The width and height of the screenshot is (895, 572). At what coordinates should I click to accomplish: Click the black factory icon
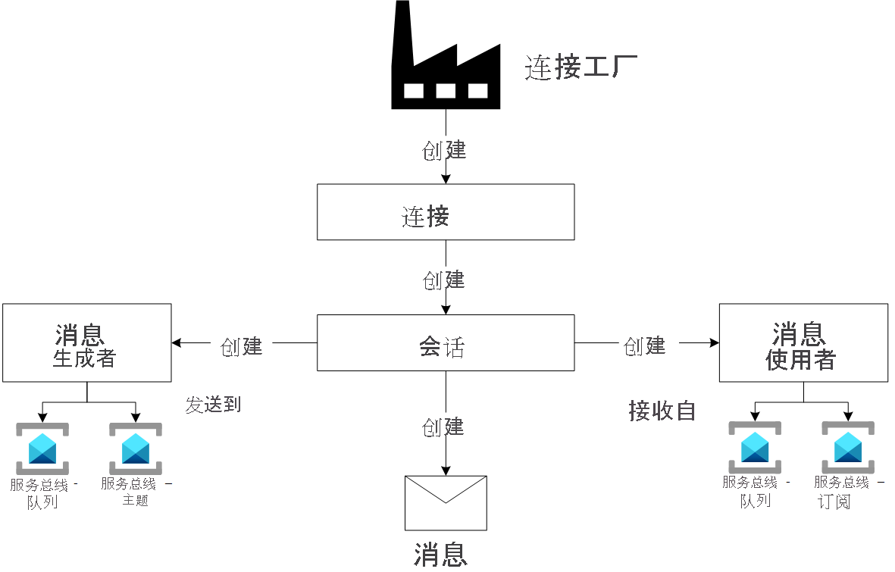click(x=446, y=64)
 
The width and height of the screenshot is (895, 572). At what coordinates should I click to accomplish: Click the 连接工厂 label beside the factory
click(x=581, y=68)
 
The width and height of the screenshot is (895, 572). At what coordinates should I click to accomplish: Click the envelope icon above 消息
click(x=446, y=503)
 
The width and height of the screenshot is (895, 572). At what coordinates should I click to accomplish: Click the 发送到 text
click(x=213, y=405)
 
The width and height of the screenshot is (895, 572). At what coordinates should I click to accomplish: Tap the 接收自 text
click(x=662, y=411)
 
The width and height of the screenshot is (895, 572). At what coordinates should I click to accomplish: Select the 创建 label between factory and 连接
click(x=444, y=150)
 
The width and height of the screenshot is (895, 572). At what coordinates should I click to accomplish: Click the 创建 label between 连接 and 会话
click(x=444, y=280)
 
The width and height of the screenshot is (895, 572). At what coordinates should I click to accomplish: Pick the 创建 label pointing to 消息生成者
click(x=242, y=346)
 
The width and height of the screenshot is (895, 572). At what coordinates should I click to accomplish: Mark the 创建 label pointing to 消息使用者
click(x=645, y=346)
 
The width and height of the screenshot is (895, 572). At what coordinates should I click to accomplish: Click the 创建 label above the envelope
click(x=444, y=427)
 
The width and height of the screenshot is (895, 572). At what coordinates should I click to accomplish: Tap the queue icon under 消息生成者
click(x=42, y=449)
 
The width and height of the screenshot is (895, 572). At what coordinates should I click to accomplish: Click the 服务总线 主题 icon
click(x=136, y=449)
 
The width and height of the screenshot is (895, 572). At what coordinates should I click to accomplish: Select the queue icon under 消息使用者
click(x=755, y=447)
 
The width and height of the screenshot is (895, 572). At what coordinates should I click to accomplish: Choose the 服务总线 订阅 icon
click(x=848, y=447)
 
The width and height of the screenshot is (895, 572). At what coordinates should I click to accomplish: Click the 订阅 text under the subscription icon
click(x=834, y=502)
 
